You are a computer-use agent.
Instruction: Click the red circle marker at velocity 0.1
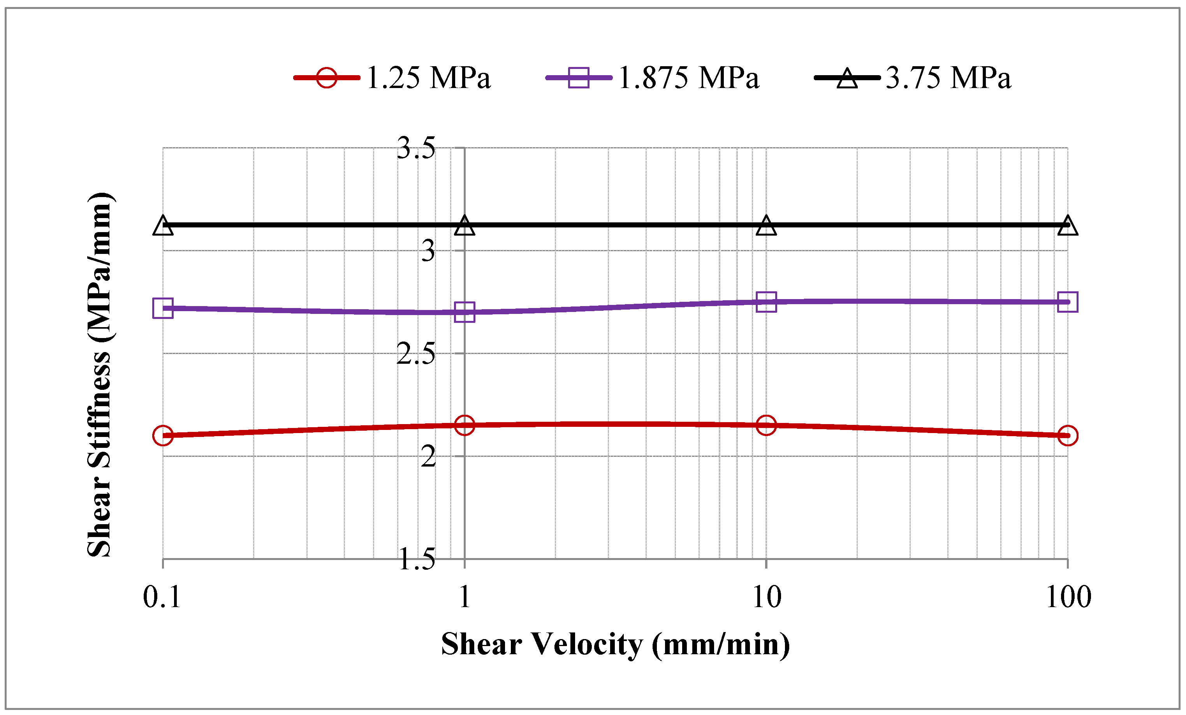click(163, 435)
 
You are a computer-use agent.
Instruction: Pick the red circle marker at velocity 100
click(1068, 435)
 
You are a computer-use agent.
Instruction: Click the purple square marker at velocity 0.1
click(163, 308)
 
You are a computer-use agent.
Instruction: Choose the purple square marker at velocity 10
click(766, 302)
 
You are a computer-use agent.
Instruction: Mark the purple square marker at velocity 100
click(1068, 302)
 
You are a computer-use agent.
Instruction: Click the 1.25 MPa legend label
click(428, 77)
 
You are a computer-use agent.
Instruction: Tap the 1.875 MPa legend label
click(688, 77)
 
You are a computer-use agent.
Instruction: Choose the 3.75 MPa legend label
click(948, 77)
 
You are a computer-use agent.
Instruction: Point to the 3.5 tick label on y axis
click(416, 148)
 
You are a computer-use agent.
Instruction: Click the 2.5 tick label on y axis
click(416, 354)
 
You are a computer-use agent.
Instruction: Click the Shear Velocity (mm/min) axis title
click(615, 645)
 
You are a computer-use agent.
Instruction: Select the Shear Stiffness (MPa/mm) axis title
click(100, 375)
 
